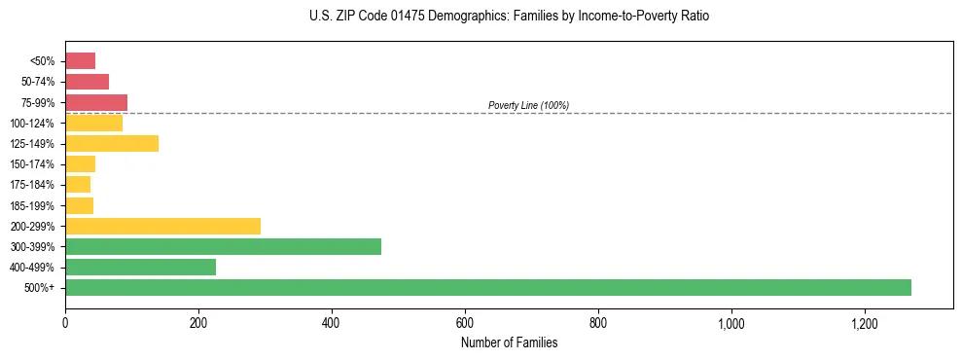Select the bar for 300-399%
[223, 246]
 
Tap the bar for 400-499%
[140, 267]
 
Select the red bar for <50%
[80, 61]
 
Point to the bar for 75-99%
[96, 102]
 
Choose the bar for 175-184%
[78, 185]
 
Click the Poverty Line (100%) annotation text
[528, 105]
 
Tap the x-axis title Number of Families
[509, 342]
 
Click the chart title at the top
[509, 17]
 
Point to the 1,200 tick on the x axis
[864, 322]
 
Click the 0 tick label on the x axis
[65, 322]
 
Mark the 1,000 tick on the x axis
[730, 322]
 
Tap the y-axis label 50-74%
[38, 82]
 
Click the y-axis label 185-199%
[34, 205]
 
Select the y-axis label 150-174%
[34, 164]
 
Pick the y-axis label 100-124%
[34, 124]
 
